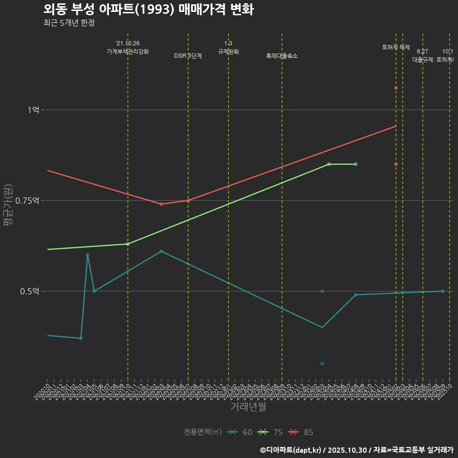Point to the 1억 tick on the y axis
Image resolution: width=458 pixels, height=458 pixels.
pos(33,110)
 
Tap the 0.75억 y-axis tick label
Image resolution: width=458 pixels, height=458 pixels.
pos(28,200)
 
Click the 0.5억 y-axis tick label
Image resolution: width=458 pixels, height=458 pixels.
pos(30,291)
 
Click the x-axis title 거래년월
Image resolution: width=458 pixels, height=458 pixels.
pos(248,407)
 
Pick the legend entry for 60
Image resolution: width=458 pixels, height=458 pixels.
pos(240,432)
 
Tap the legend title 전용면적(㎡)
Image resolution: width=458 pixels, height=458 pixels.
pos(203,432)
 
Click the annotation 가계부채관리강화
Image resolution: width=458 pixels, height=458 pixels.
pos(128,52)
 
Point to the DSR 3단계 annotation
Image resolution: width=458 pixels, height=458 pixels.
pos(188,56)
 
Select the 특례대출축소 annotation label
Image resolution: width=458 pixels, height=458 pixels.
pos(282,56)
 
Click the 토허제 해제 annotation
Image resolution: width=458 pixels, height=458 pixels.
pos(396,47)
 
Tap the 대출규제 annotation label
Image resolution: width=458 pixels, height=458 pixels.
pos(423,60)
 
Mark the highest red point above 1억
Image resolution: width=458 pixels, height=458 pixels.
pos(396,88)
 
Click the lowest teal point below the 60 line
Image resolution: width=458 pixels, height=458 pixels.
pos(323,364)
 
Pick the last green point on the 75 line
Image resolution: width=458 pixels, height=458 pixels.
pos(356,164)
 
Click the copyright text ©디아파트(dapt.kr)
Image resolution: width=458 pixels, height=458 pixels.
pos(291,450)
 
